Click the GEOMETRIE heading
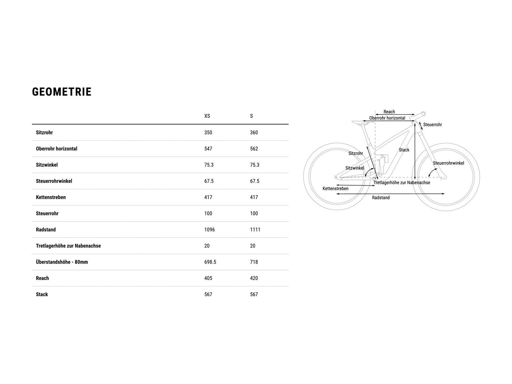point(62,92)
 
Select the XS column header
point(207,116)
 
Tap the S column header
point(252,116)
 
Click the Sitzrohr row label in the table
point(44,132)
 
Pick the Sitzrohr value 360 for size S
point(254,132)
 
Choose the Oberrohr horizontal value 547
point(208,149)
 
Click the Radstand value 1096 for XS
point(210,230)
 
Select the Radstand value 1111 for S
point(255,230)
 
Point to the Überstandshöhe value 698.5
point(210,262)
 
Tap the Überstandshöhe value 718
point(254,262)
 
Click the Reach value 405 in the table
point(208,278)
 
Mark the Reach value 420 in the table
point(254,278)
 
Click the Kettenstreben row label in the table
point(51,197)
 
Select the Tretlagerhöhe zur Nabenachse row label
point(68,246)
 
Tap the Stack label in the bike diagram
point(404,150)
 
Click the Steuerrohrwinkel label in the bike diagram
point(448,163)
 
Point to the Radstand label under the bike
point(381,198)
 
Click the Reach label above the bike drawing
point(389,112)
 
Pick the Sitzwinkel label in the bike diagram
point(355,168)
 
